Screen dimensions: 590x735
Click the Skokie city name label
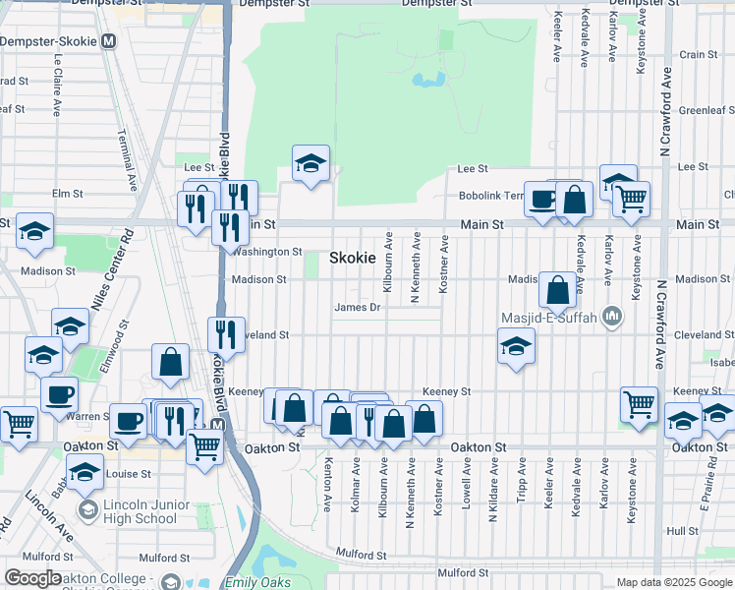coord(351,258)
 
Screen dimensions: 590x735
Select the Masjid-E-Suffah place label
coord(555,316)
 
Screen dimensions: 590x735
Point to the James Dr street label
coord(357,308)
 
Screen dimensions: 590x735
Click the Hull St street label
coord(681,531)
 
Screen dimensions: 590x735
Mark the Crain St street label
coord(699,55)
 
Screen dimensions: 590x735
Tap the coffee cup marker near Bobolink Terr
coord(542,199)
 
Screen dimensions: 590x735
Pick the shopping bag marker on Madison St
coord(557,289)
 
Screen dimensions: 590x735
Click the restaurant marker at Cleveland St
coord(227,333)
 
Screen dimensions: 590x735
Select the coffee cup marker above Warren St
coord(59,394)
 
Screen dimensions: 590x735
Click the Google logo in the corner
coord(32,578)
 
